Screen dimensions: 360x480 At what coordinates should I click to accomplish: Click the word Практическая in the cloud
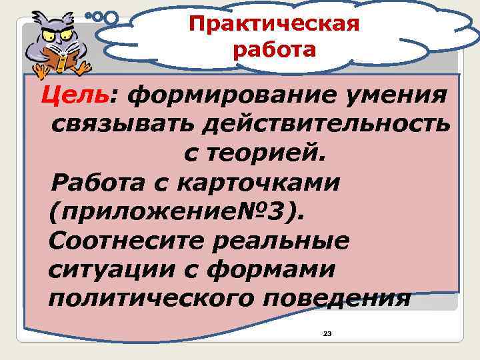click(274, 24)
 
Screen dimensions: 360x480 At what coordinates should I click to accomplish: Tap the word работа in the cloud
click(274, 50)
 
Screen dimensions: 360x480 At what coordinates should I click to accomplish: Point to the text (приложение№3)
click(179, 211)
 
